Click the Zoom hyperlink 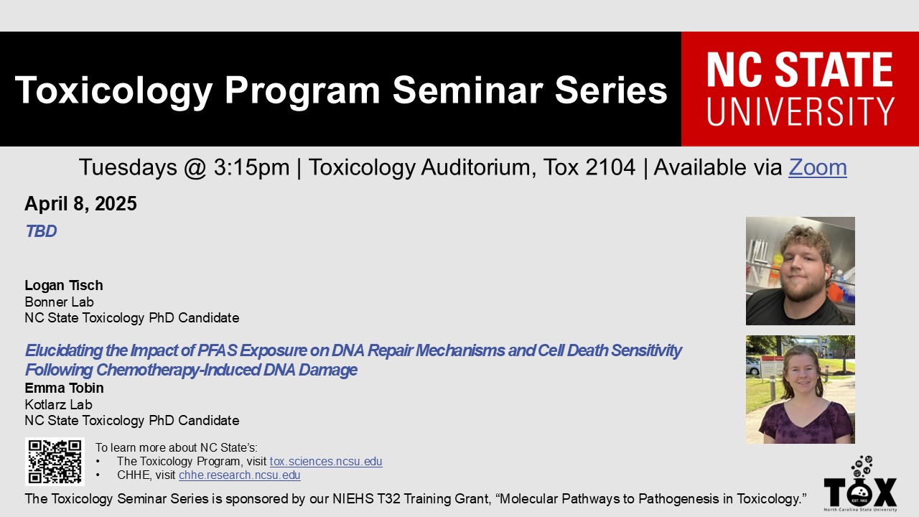(817, 167)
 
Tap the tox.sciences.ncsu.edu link (326, 461)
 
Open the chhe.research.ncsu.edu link (240, 475)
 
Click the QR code (55, 462)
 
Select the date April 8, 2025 (80, 203)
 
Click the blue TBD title (41, 231)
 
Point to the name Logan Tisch (64, 285)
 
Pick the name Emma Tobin (64, 388)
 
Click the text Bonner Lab (59, 302)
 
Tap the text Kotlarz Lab (58, 404)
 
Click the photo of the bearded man (801, 271)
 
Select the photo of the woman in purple (801, 389)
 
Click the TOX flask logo (860, 483)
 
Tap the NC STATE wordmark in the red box (800, 69)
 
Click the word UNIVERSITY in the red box (801, 111)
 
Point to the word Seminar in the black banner (468, 90)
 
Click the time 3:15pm (251, 167)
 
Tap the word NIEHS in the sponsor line (353, 499)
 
